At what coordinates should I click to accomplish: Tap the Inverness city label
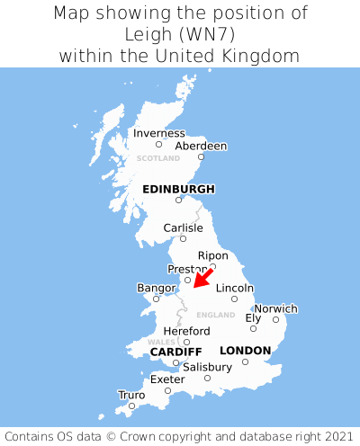[158, 134]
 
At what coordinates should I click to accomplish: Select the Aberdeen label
[201, 146]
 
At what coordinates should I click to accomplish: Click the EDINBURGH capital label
[178, 189]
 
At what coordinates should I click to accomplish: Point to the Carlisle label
[183, 228]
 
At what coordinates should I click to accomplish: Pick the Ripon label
[212, 255]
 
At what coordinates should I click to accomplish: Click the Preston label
[187, 269]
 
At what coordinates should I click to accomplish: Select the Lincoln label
[235, 288]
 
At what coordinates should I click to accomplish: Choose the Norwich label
[275, 308]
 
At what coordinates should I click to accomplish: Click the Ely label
[253, 318]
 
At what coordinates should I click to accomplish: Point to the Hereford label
[186, 331]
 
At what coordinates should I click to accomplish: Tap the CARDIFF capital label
[175, 351]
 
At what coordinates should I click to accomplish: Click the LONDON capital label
[245, 351]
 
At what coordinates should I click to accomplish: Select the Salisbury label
[207, 367]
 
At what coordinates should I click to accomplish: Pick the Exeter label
[167, 379]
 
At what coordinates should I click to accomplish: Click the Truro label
[131, 395]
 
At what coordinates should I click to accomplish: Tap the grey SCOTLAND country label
[158, 158]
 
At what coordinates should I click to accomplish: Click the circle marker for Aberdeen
[201, 157]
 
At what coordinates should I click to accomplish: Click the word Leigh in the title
[155, 34]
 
